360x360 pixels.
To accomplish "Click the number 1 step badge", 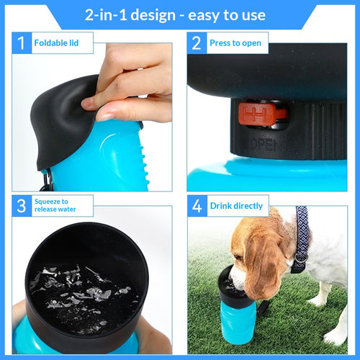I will (22, 43).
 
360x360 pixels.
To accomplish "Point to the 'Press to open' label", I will (235, 43).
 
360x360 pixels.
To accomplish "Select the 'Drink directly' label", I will (237, 205).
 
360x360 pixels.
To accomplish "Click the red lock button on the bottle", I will (264, 112).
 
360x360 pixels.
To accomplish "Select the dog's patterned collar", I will (301, 238).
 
